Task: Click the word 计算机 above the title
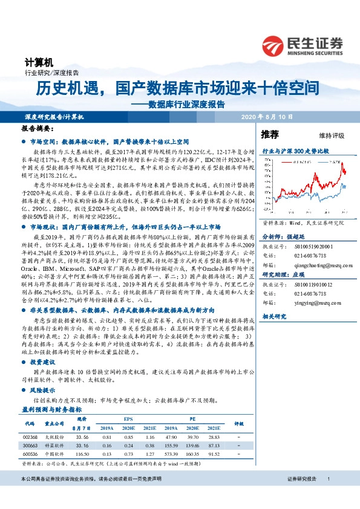coord(39,62)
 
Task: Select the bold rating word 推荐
coord(270,134)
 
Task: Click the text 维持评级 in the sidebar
coord(330,135)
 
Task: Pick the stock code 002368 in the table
coord(28,436)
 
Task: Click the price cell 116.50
coord(83,453)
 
